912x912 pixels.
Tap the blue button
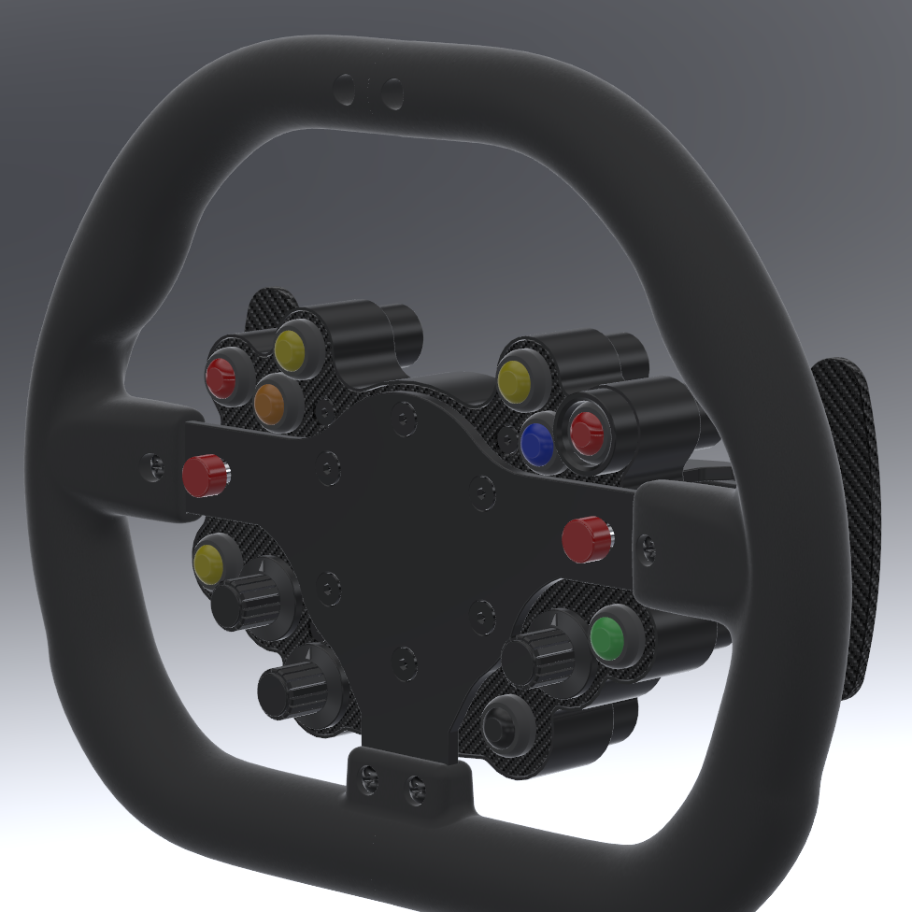pos(538,444)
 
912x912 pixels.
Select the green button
pos(607,638)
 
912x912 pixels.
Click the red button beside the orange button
pos(222,378)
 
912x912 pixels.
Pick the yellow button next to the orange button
pos(292,349)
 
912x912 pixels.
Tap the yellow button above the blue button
pos(515,378)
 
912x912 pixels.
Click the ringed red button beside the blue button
pos(588,432)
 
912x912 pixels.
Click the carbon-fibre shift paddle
pos(855,523)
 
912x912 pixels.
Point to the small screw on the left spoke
pos(153,463)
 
